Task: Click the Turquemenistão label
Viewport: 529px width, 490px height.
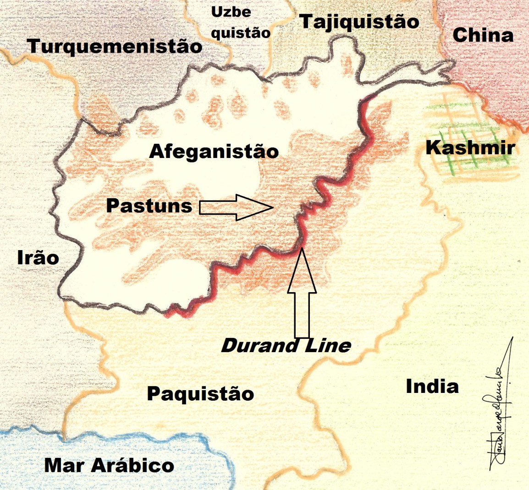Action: point(115,46)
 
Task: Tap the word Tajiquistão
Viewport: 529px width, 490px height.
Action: point(359,22)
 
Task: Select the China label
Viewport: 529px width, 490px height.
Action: point(483,35)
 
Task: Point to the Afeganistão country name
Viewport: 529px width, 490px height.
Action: point(214,152)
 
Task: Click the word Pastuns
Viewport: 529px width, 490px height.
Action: point(149,206)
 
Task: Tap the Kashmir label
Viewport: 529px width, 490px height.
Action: point(470,148)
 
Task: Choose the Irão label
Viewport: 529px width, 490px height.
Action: point(38,258)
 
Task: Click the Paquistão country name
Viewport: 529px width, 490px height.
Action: point(200,394)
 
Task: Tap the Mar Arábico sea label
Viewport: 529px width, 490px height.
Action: point(109,466)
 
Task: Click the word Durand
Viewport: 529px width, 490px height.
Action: point(253,346)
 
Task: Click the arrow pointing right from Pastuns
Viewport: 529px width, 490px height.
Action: point(236,207)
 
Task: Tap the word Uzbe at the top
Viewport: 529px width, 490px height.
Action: point(231,12)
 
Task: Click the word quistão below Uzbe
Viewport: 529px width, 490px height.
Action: point(241,32)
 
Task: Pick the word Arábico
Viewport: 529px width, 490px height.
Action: point(132,466)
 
